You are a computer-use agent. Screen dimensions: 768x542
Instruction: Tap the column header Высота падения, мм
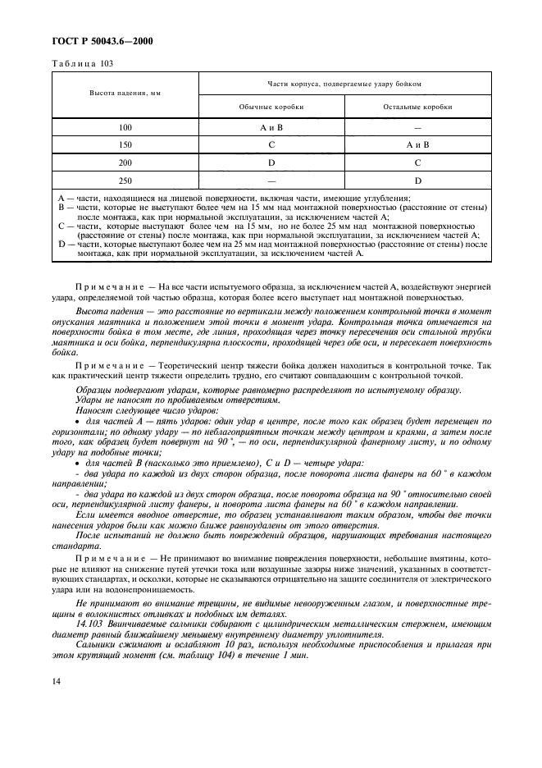point(125,93)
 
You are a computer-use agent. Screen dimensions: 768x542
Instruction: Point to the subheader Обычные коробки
point(271,107)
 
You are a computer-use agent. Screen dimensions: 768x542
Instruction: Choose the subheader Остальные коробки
point(418,107)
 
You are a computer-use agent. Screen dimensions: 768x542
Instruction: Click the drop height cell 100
point(125,128)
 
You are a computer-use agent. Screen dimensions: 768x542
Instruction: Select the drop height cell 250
point(125,180)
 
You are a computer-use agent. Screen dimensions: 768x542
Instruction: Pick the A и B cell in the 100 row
point(271,128)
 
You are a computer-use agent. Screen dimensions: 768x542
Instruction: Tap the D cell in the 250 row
point(418,180)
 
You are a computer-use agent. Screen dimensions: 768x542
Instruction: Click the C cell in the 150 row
point(271,145)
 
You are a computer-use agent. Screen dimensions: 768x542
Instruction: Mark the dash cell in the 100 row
point(418,128)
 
